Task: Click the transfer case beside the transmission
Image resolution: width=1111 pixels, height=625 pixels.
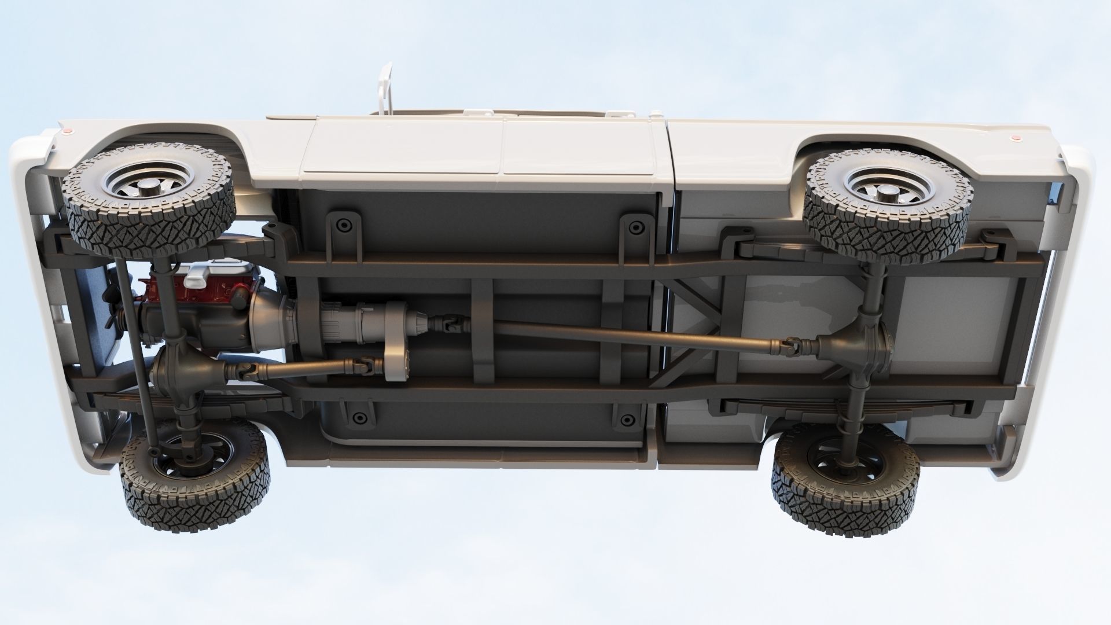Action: [x=397, y=341]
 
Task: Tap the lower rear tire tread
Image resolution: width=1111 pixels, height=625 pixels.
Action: [x=845, y=509]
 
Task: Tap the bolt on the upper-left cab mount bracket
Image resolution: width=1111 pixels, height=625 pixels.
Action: [x=343, y=224]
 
